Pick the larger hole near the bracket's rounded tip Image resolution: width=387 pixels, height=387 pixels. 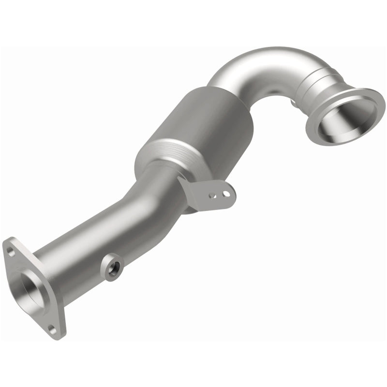(x=225, y=193)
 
